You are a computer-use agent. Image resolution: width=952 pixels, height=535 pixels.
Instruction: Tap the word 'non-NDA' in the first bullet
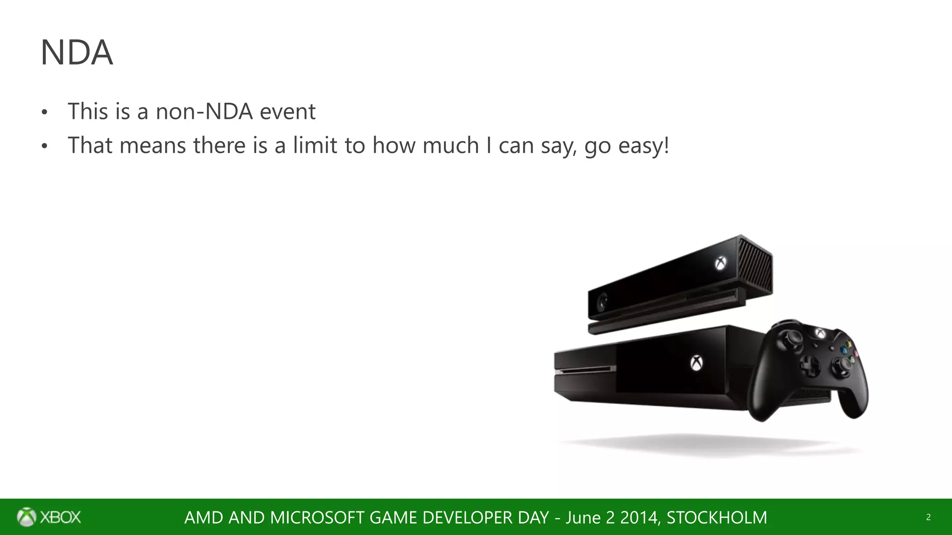point(204,111)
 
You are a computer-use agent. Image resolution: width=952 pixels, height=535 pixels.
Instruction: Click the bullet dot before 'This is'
point(45,113)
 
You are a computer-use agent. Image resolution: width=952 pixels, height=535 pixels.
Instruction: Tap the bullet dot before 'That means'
point(45,147)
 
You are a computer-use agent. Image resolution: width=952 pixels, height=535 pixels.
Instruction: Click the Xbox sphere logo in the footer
point(26,517)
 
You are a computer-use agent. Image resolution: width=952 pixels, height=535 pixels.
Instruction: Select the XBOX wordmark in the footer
point(60,517)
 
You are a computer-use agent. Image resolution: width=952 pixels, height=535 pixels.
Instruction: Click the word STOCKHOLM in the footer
point(717,517)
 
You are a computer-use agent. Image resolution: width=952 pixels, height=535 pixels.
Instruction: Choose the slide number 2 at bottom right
point(928,517)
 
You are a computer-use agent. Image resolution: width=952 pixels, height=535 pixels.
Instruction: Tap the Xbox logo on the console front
point(696,363)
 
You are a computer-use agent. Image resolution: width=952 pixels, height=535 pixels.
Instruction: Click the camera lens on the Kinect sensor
point(603,303)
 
